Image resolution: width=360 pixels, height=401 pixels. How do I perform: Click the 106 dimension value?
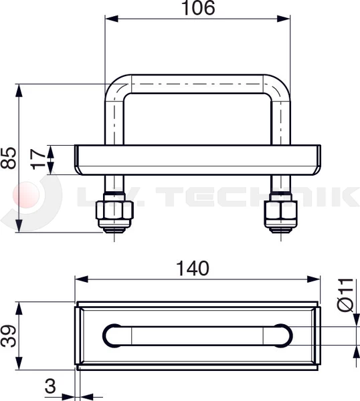point(198,9)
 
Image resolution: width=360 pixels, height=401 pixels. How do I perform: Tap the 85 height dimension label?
point(9,158)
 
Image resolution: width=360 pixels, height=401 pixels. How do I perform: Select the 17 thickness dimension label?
point(40,159)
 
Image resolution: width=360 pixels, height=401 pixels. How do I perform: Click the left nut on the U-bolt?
point(115,213)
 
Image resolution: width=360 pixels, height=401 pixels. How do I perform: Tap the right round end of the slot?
point(281,336)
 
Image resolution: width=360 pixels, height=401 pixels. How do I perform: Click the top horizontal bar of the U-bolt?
point(198,84)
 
